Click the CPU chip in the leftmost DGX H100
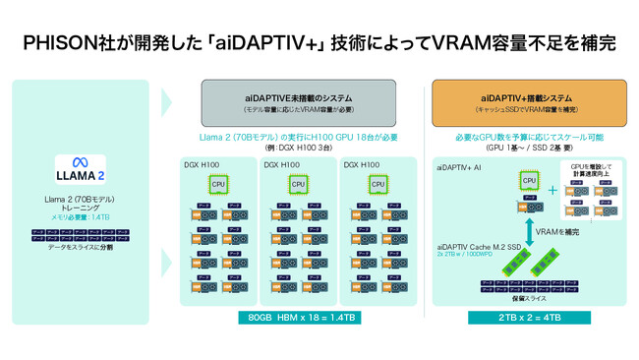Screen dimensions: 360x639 [x=216, y=183]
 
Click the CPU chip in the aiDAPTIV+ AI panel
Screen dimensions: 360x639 [x=529, y=180]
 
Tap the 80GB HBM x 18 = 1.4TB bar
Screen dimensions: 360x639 [x=303, y=318]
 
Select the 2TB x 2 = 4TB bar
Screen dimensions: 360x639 [x=529, y=318]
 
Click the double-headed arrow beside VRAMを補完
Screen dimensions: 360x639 [x=529, y=231]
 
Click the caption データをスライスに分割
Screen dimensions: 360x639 [x=81, y=247]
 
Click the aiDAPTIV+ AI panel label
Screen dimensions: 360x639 [x=459, y=168]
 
